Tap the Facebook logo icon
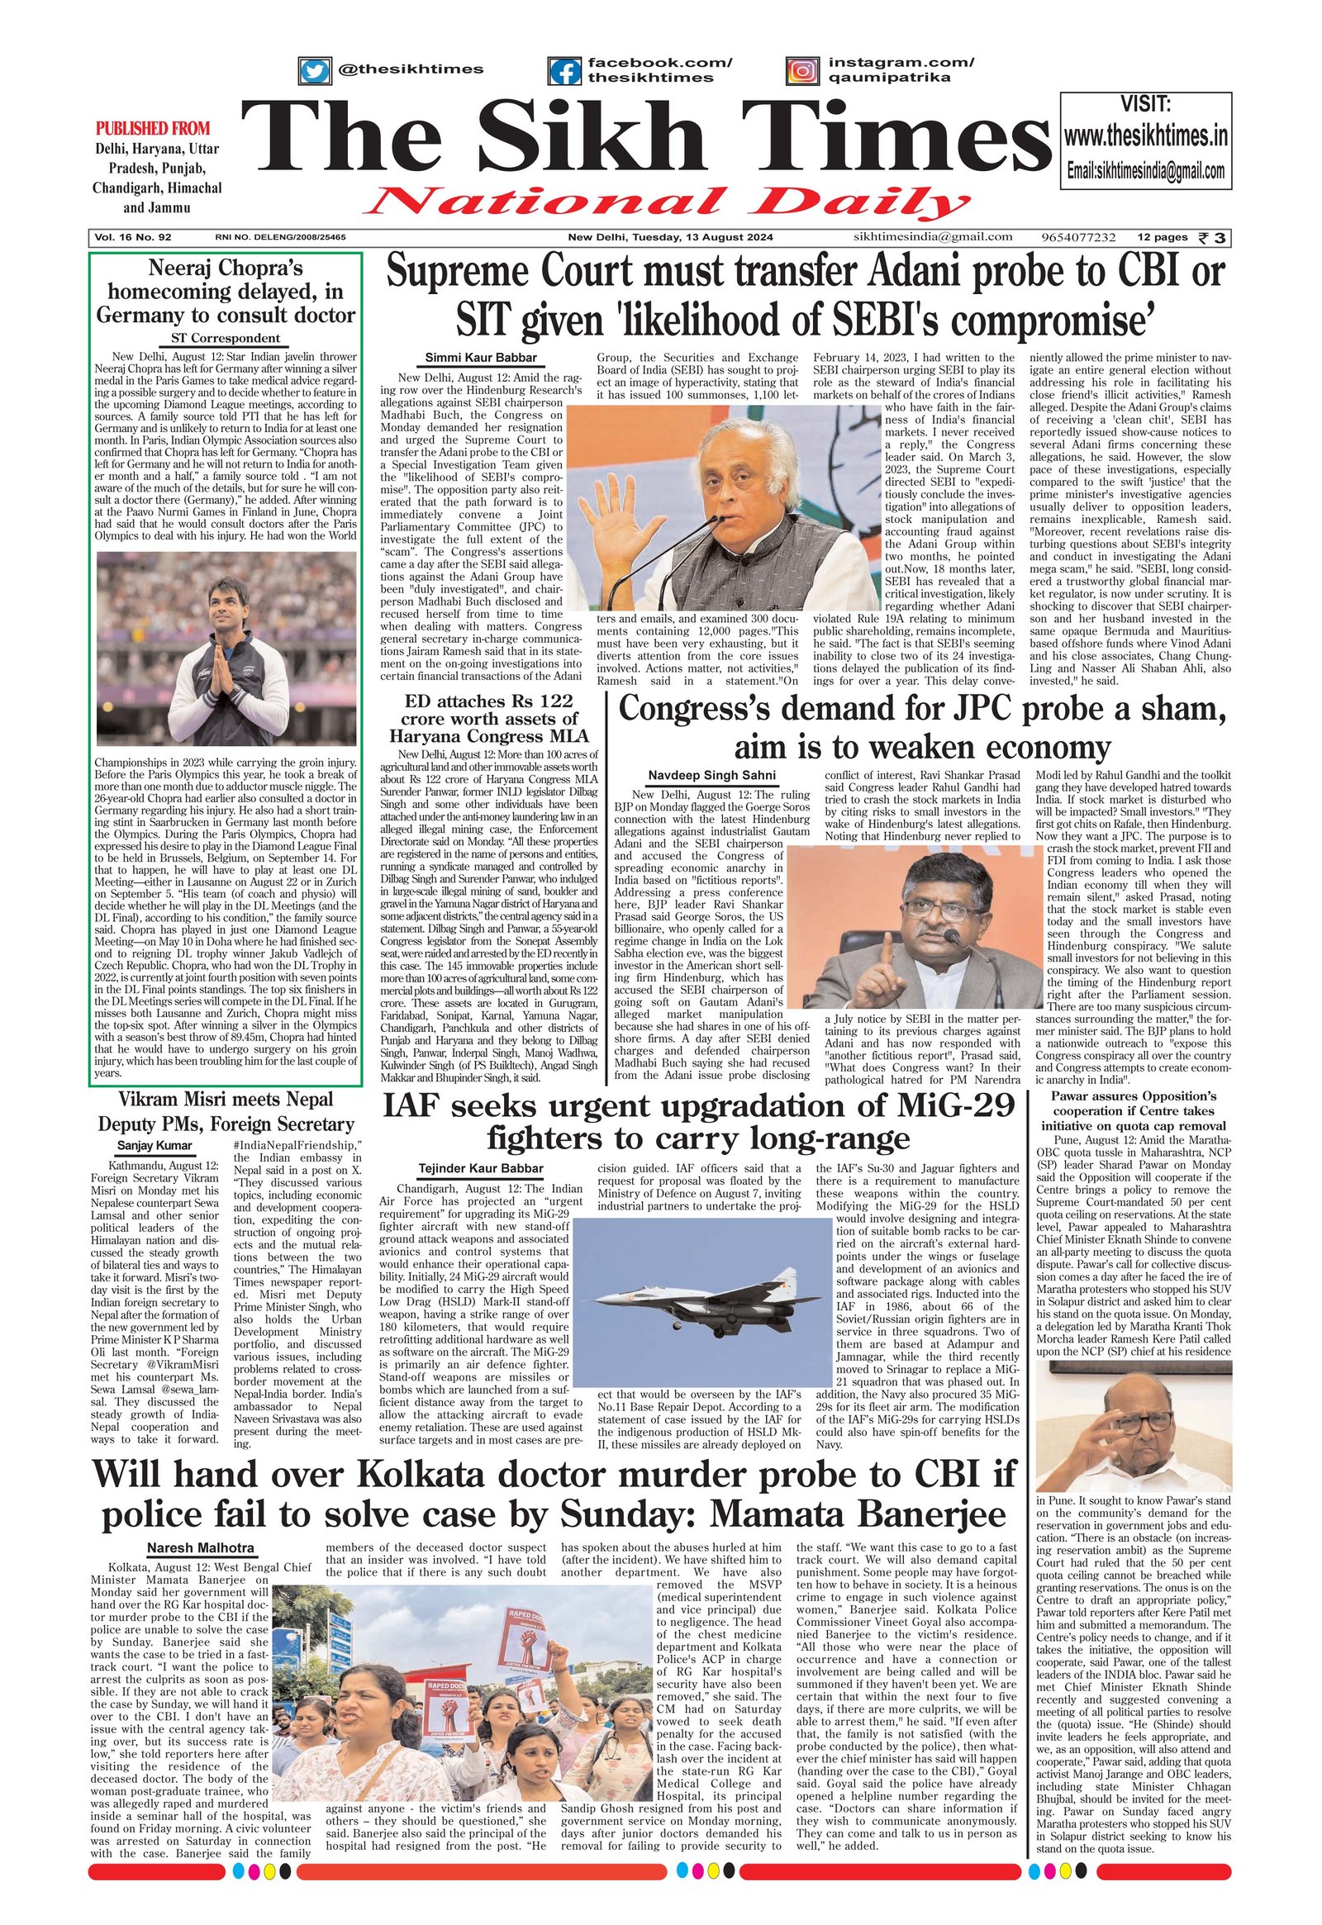point(565,71)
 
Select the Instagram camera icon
point(801,71)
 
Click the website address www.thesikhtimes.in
point(1145,135)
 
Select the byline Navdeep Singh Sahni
point(712,775)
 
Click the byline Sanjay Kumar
point(154,1147)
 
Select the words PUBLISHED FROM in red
point(152,128)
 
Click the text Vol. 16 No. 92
point(132,238)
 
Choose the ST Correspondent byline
point(226,338)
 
